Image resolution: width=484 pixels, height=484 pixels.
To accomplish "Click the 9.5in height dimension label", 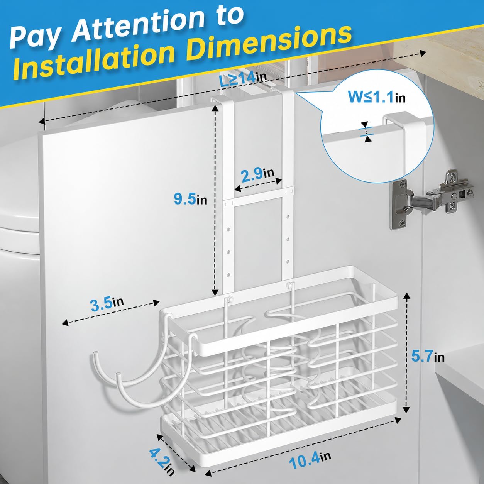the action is click(x=191, y=200).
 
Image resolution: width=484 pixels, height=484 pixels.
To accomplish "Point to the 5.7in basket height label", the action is click(x=428, y=356).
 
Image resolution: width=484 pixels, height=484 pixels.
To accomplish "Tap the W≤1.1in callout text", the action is click(x=377, y=97).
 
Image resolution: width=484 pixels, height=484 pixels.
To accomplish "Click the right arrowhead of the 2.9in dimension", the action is click(x=279, y=181).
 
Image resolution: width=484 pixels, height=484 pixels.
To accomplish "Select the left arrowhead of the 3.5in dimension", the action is click(x=65, y=323).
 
